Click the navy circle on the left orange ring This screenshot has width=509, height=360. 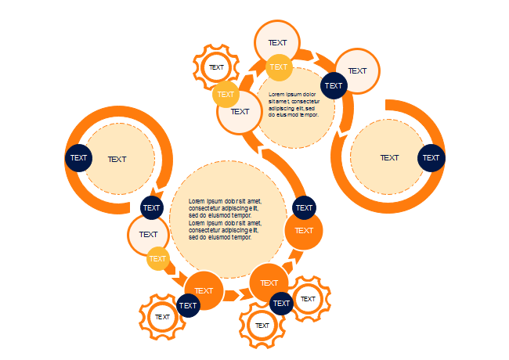(78, 158)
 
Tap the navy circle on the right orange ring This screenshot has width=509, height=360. (431, 157)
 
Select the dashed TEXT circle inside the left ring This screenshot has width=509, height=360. (117, 159)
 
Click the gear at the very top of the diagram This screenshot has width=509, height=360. (215, 67)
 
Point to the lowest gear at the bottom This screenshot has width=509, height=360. (262, 326)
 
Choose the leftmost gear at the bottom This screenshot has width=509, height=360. (162, 317)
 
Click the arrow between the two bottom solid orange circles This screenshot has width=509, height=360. (233, 295)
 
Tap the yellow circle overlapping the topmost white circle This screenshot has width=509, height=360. (279, 67)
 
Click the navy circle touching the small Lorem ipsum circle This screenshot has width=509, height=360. (334, 85)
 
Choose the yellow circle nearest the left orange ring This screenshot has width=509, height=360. (158, 258)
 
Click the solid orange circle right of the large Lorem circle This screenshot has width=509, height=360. (304, 232)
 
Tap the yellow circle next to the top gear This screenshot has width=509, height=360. (226, 95)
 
